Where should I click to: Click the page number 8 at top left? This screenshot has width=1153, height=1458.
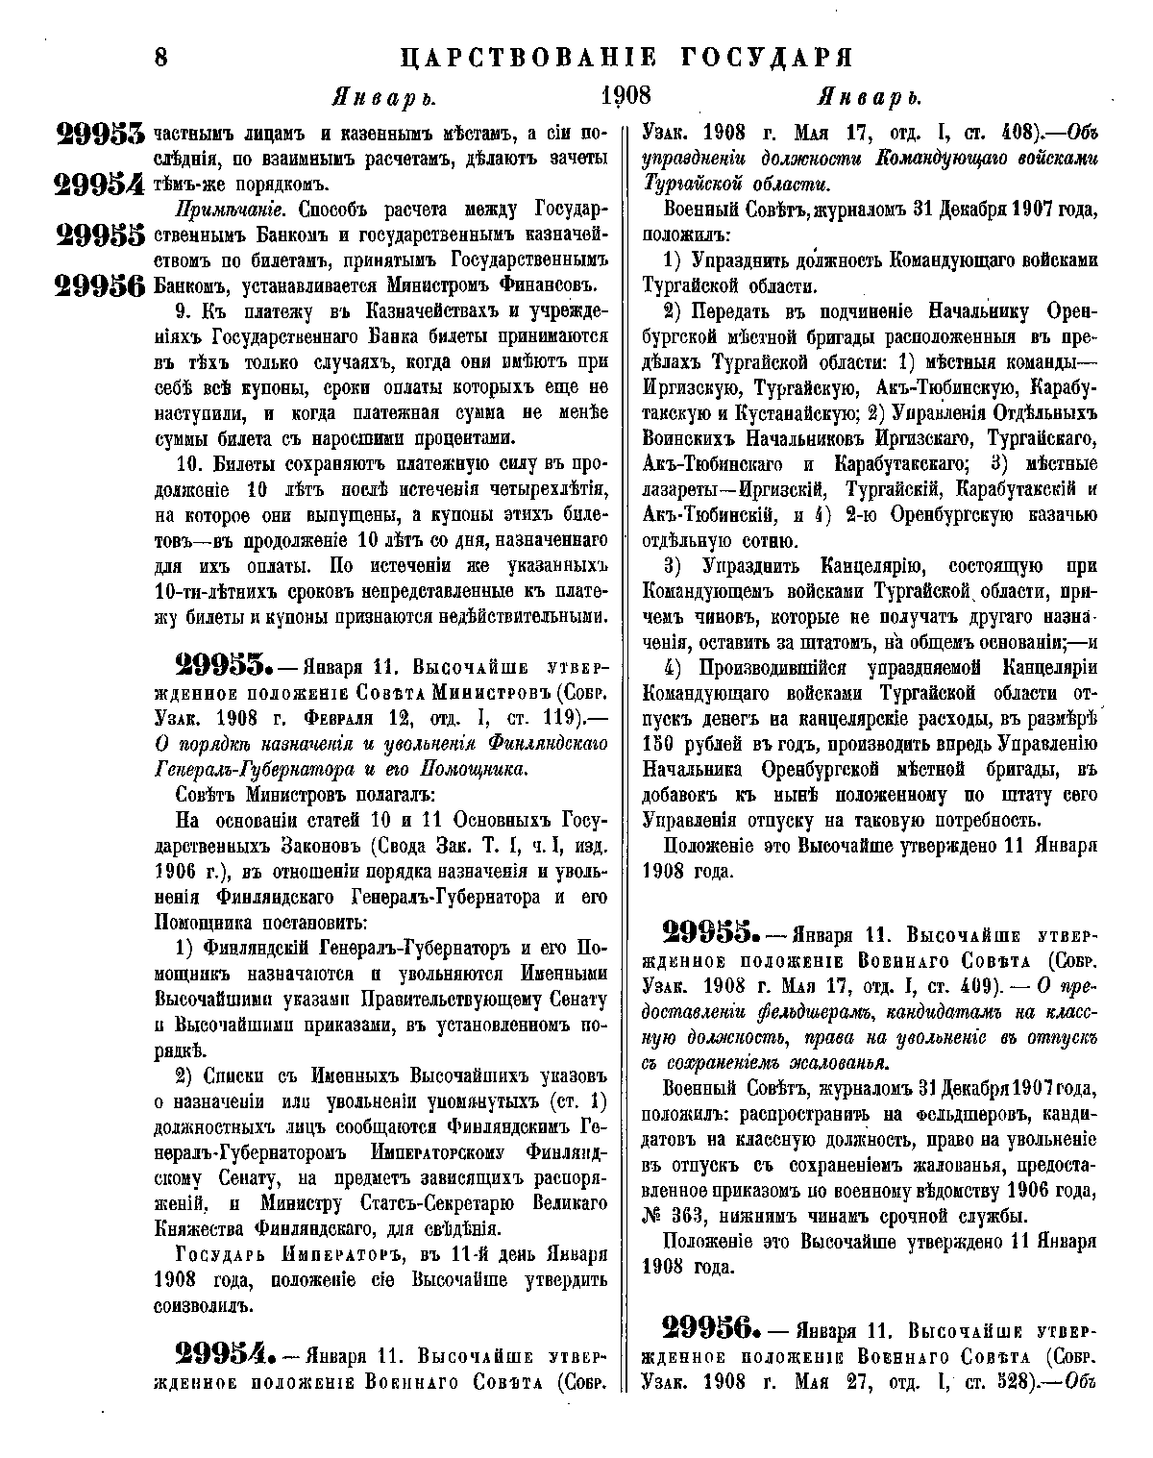160,57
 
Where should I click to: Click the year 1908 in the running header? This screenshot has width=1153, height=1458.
626,97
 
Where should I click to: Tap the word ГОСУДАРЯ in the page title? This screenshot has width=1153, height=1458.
760,57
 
